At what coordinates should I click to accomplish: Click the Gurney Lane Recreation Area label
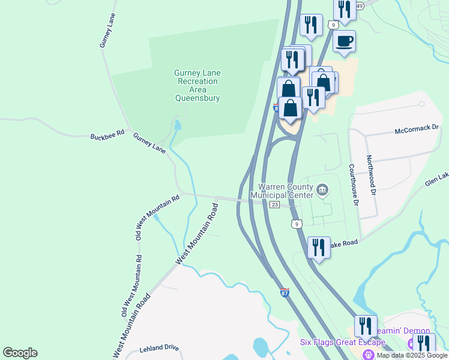[197, 85]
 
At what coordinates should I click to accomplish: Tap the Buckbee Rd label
[107, 134]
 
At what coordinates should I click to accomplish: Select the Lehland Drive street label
[159, 347]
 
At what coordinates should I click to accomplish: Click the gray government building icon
[322, 191]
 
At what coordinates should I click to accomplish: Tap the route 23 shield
[274, 205]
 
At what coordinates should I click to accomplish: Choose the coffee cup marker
[344, 41]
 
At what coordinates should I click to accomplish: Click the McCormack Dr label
[417, 130]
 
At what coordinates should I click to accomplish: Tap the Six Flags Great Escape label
[342, 342]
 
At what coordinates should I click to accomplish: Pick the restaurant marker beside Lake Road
[319, 247]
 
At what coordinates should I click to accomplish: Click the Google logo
[20, 353]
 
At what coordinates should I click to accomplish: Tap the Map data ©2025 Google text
[412, 355]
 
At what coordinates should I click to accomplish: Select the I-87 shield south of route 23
[285, 293]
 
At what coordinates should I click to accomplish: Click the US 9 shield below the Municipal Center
[297, 224]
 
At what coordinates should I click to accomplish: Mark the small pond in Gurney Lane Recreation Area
[177, 125]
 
